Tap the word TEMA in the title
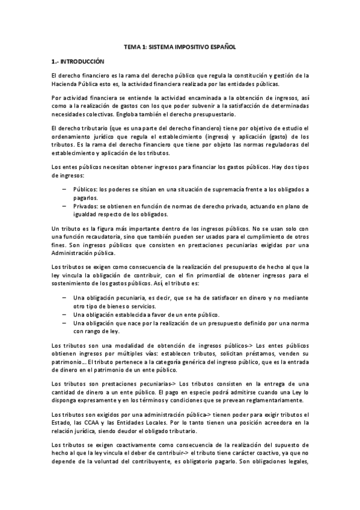(x=132, y=46)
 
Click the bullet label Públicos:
(x=86, y=189)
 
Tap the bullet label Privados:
(x=87, y=206)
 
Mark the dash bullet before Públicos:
(x=64, y=189)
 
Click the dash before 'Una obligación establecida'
(x=64, y=314)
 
